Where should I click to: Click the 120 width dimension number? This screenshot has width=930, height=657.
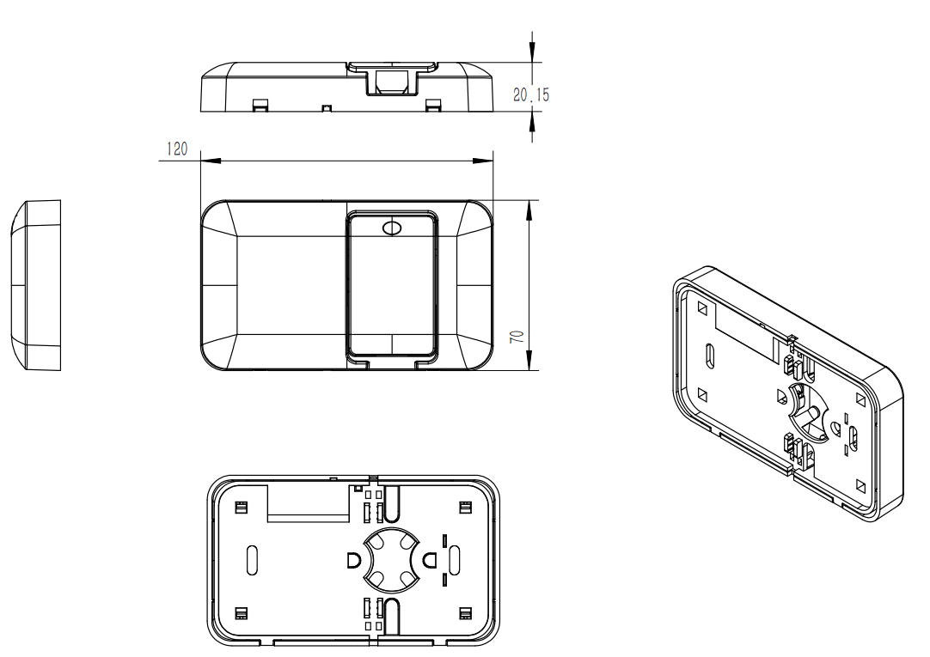tap(175, 149)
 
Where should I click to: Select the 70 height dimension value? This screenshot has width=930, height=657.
tap(517, 336)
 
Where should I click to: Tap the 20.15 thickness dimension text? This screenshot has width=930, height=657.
tap(530, 95)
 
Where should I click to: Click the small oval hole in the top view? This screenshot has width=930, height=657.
tap(392, 228)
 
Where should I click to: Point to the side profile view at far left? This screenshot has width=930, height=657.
tap(36, 285)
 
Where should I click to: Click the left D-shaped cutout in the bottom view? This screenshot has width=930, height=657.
tap(353, 561)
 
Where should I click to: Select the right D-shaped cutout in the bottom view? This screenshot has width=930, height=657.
tap(429, 561)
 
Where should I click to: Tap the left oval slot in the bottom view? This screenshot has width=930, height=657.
tap(252, 560)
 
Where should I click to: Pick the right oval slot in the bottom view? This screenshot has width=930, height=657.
tap(455, 560)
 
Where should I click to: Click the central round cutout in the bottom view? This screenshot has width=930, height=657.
tap(391, 560)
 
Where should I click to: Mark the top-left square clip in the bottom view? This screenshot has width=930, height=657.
tap(242, 507)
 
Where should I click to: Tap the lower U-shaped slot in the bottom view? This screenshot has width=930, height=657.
tap(391, 618)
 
